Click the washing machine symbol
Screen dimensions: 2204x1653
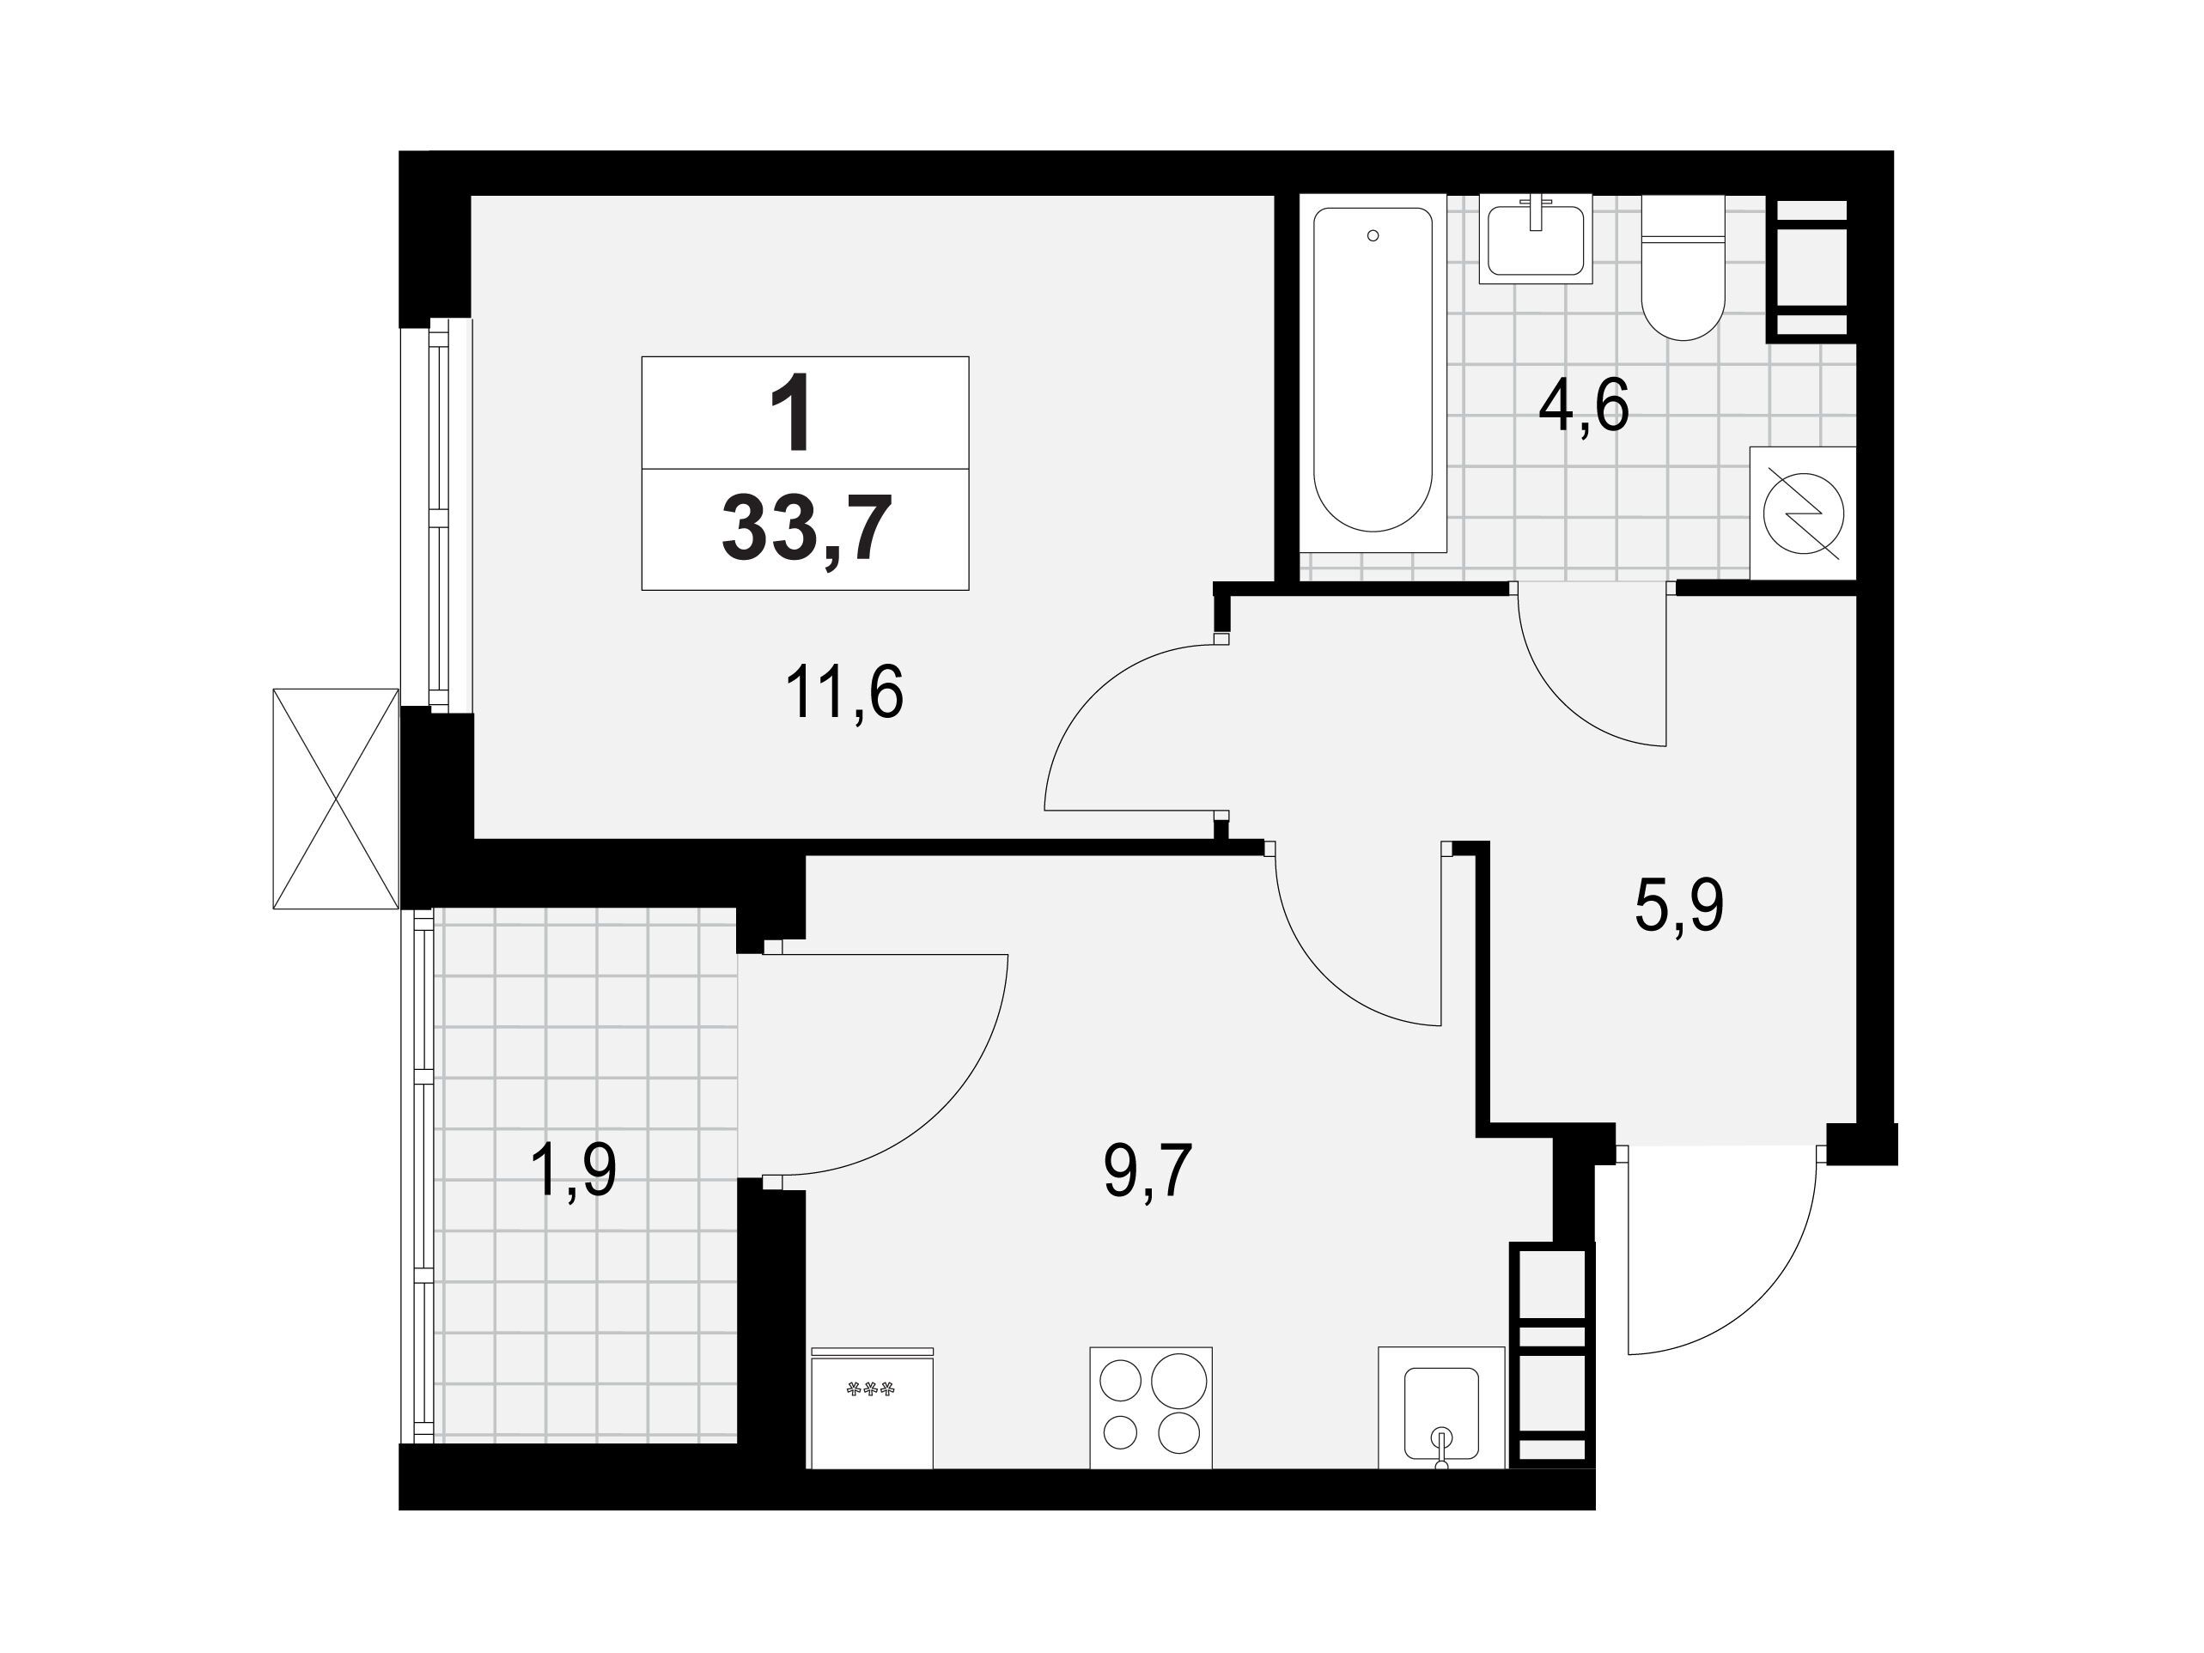(x=1804, y=514)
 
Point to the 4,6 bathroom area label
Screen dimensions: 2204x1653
(x=1583, y=406)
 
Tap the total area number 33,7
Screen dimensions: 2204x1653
(x=805, y=531)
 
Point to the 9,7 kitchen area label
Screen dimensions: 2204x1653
(x=1148, y=1172)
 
